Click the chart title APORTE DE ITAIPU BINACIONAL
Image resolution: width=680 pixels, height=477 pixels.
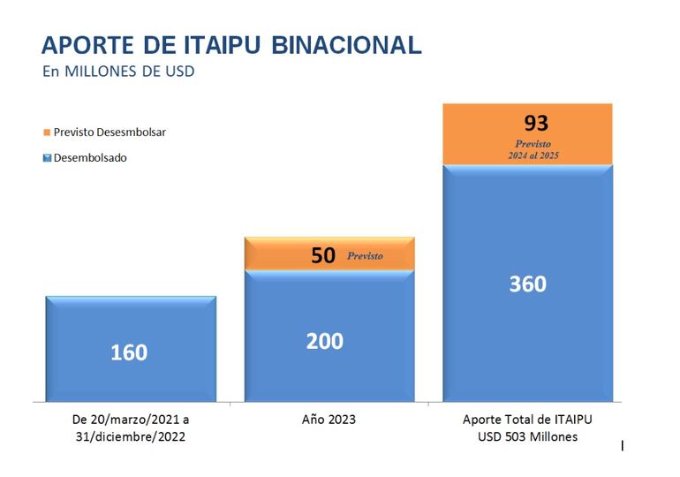pyautogui.click(x=231, y=45)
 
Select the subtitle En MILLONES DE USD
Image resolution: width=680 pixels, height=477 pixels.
pyautogui.click(x=118, y=72)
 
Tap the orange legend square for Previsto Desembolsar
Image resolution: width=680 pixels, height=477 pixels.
pyautogui.click(x=46, y=132)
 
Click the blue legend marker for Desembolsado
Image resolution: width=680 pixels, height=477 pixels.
pyautogui.click(x=46, y=158)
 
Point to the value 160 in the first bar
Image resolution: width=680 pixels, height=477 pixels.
pyautogui.click(x=129, y=352)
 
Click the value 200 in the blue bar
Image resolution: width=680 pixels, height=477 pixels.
pyautogui.click(x=325, y=341)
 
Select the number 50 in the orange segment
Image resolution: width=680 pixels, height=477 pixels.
pyautogui.click(x=323, y=256)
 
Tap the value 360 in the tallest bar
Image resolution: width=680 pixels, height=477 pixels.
pyautogui.click(x=527, y=284)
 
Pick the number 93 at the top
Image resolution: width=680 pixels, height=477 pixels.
pyautogui.click(x=536, y=123)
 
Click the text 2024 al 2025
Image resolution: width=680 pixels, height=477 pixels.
pyautogui.click(x=533, y=155)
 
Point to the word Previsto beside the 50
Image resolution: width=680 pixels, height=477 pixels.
pyautogui.click(x=365, y=256)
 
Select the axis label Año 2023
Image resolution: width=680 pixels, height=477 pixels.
pyautogui.click(x=329, y=419)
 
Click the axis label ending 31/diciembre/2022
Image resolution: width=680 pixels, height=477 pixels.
pyautogui.click(x=130, y=436)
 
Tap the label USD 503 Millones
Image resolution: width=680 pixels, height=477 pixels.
pyautogui.click(x=527, y=436)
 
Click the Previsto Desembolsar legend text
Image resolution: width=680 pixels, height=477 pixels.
pyautogui.click(x=110, y=132)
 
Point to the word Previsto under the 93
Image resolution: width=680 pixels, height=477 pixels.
pyautogui.click(x=533, y=143)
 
